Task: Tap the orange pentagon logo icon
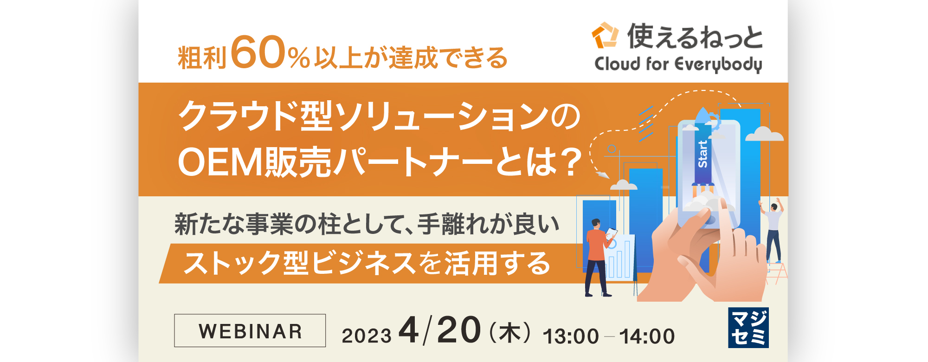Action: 605,35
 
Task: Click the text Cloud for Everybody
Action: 678,64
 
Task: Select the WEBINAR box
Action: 250,330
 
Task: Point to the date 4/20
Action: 439,330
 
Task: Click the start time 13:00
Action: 571,336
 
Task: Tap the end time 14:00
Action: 647,336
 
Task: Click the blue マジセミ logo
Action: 748,328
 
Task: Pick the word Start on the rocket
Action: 702,154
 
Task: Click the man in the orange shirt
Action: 599,258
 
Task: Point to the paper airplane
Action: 602,174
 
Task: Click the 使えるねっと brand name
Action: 695,36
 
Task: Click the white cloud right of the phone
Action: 764,134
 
